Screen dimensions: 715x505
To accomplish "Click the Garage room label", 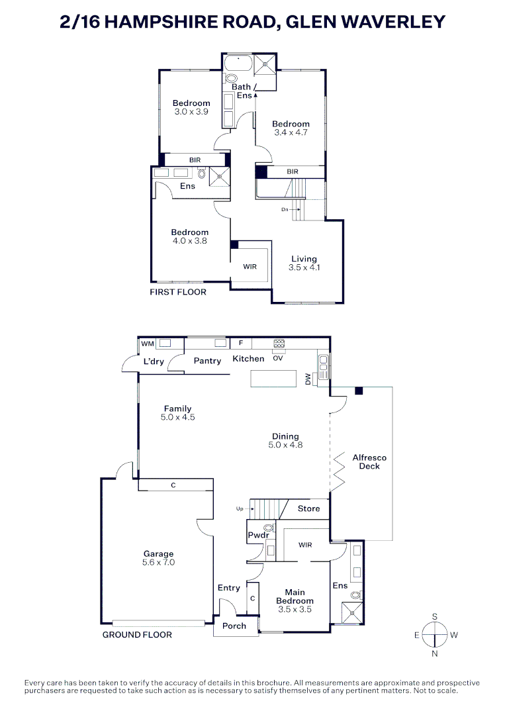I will pos(158,553).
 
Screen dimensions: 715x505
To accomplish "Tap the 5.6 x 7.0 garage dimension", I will pos(158,563).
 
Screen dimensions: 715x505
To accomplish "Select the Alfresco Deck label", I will pos(369,461).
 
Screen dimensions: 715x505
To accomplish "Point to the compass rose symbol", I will pos(435,635).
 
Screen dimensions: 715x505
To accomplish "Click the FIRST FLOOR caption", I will pos(178,292).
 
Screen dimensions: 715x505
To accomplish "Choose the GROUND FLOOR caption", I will pos(137,635).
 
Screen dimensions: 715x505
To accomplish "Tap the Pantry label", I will pos(207,361).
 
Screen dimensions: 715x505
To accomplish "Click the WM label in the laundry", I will pos(147,344).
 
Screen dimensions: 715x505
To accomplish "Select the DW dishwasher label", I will pos(308,378).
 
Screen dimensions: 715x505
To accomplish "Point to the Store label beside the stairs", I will pos(308,508).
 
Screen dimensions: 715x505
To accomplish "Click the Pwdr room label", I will pos(257,535).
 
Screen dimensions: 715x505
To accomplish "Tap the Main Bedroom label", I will pos(295,596).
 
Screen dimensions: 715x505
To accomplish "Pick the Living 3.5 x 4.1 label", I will pos(303,263).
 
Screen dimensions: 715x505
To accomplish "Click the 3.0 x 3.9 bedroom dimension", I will pos(191,112).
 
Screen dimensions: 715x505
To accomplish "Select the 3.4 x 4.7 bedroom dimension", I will pos(291,132).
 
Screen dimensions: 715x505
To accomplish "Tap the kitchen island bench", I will pos(273,378).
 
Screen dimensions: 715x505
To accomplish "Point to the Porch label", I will pos(234,626).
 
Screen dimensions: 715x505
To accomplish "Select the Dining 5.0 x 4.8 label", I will pos(285,441).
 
